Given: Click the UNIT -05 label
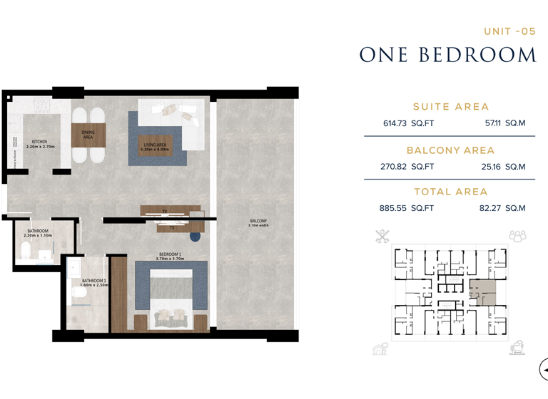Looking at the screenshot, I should tap(509, 31).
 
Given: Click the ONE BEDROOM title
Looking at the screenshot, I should tap(447, 55).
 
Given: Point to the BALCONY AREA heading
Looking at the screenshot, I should tap(450, 150).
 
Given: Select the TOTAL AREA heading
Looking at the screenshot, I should tap(450, 192).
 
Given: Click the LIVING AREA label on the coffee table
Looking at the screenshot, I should tap(155, 147).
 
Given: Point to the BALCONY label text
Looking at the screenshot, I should tap(258, 222).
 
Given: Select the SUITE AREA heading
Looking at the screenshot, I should tap(450, 107).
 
